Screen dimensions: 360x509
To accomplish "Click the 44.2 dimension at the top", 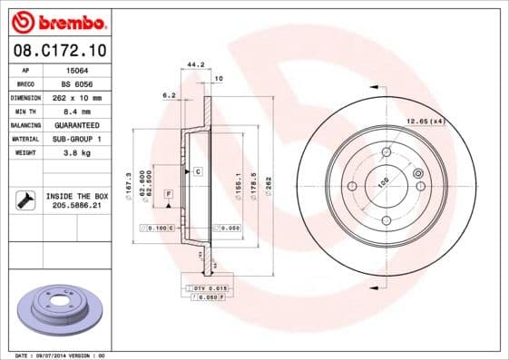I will pos(193,64).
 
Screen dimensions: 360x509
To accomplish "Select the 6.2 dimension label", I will pos(168,94).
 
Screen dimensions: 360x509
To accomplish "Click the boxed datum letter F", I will pos(168,195).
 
